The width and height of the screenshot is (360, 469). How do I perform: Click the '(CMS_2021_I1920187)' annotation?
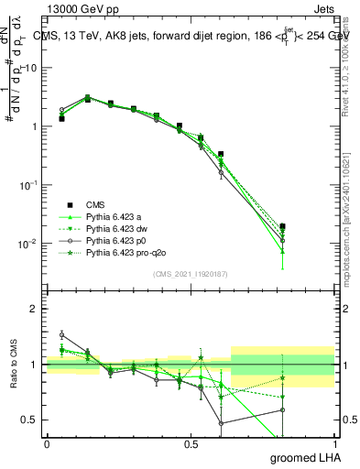[190, 275]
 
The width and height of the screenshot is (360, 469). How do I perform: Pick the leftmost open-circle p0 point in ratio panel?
[61, 334]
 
